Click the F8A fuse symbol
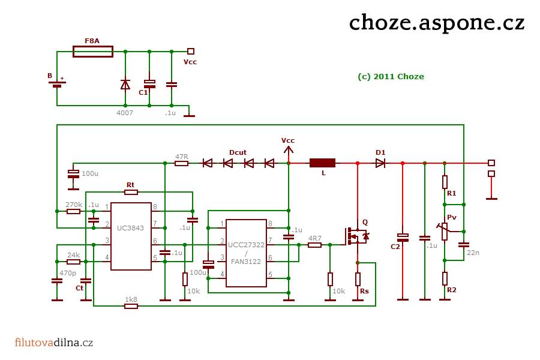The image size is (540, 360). click(x=93, y=52)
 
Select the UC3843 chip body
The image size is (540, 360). click(x=131, y=236)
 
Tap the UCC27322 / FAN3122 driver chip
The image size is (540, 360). click(x=246, y=253)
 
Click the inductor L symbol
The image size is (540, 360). click(x=322, y=163)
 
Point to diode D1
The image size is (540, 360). click(x=380, y=163)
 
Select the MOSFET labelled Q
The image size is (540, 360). click(x=356, y=236)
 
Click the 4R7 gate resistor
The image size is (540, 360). click(x=314, y=245)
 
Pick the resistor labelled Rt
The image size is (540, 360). click(x=131, y=192)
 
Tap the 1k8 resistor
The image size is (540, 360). click(x=131, y=305)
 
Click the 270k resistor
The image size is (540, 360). click(x=73, y=211)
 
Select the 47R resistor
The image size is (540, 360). click(x=181, y=163)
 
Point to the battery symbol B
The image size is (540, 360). click(x=57, y=84)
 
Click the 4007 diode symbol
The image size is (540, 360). click(x=125, y=85)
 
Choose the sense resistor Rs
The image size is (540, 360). click(x=358, y=279)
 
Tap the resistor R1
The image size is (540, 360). click(x=445, y=182)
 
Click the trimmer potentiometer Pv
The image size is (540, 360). click(x=444, y=231)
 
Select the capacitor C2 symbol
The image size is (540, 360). click(x=403, y=238)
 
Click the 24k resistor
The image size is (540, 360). click(x=73, y=262)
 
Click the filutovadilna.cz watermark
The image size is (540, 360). click(x=54, y=343)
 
